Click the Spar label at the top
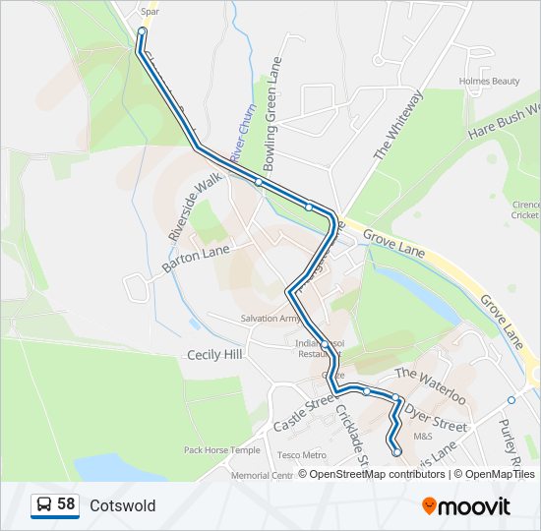(x=150, y=12)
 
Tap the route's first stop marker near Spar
(x=142, y=31)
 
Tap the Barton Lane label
(x=196, y=257)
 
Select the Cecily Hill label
(x=213, y=354)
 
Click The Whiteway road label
(x=397, y=125)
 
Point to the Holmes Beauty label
(x=489, y=81)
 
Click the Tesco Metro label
(x=301, y=455)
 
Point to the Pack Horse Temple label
(x=222, y=450)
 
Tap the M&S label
(x=423, y=436)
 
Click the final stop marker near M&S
(x=396, y=452)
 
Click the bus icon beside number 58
(x=43, y=505)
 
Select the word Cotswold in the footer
(x=122, y=506)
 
